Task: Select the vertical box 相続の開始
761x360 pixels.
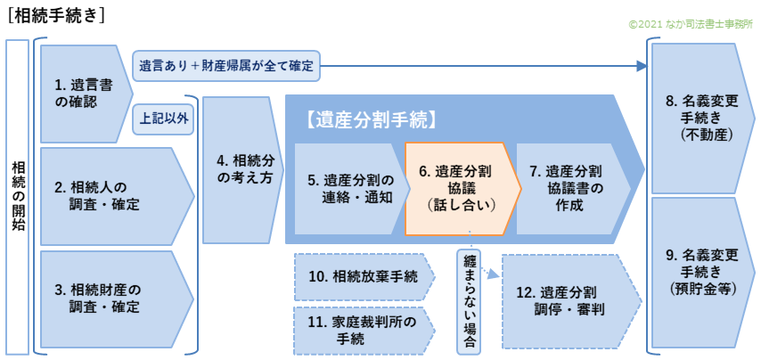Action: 19,196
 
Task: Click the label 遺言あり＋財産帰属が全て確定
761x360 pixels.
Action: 226,65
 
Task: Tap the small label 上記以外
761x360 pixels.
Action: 165,118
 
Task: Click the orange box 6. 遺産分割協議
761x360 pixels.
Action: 458,189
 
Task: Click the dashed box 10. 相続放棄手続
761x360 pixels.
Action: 362,276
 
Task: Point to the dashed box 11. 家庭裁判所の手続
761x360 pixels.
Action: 362,329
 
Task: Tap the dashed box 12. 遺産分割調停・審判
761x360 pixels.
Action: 567,301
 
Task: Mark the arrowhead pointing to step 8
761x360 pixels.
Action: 643,65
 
